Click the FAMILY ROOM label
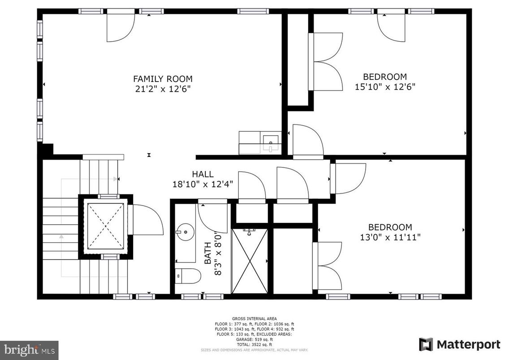[x=163, y=79]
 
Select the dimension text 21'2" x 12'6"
[x=163, y=89]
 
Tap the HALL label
[x=203, y=174]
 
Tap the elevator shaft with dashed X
[x=106, y=226]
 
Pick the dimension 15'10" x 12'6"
[x=385, y=86]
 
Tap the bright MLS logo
[x=29, y=348]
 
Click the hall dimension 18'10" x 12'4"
[x=203, y=184]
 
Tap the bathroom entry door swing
[x=214, y=217]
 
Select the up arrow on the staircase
[x=61, y=236]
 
